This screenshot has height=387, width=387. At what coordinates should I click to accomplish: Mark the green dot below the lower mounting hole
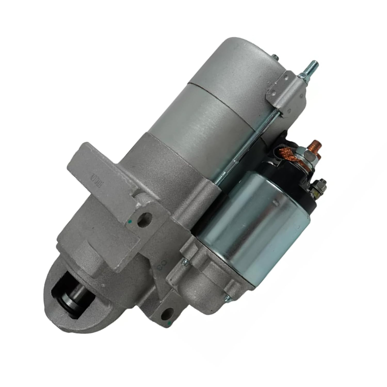(x=169, y=323)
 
